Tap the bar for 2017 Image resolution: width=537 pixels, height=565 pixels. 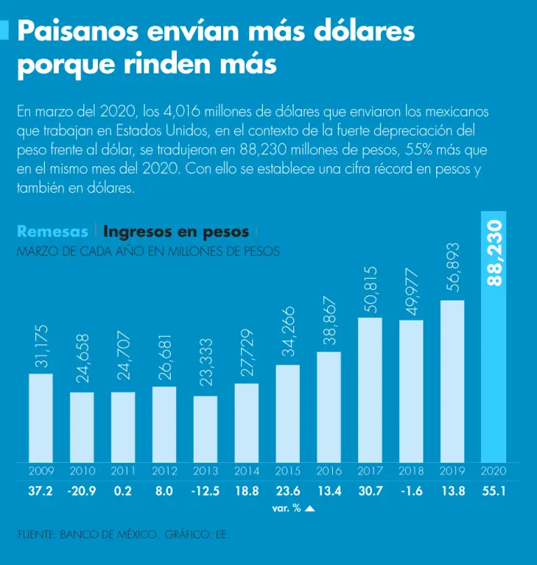[371, 390]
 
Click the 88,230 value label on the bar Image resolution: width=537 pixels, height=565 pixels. [494, 252]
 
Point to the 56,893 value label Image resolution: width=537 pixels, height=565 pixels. [452, 267]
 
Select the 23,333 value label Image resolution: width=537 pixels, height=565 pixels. [206, 362]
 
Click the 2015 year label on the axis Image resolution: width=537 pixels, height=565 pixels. [288, 471]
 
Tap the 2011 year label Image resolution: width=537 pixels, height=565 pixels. [123, 471]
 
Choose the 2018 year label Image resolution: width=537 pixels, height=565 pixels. [411, 471]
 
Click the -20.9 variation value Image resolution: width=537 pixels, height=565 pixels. [82, 491]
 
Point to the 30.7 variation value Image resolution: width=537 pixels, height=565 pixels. [371, 491]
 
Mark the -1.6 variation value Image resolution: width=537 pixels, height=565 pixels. [411, 491]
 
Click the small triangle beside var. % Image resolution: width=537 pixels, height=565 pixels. [309, 508]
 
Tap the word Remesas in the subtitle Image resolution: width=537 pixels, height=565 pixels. [52, 231]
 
